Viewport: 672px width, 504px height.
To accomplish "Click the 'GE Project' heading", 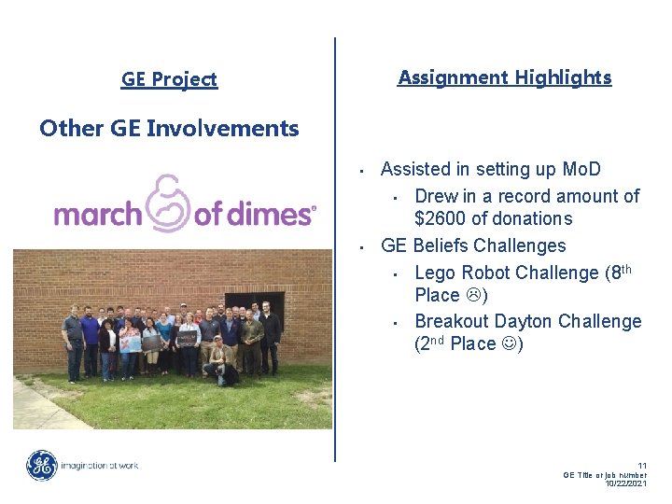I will pos(169,80).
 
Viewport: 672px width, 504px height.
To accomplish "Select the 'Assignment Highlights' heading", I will pos(504,78).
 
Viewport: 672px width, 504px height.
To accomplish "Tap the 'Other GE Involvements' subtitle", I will pos(169,129).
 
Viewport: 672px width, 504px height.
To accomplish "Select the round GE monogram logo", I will pos(41,465).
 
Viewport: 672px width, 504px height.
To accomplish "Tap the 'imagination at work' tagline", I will pos(99,465).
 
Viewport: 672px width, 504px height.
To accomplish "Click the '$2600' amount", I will pos(442,219).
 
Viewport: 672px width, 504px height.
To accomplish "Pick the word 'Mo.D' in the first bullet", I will pos(581,170).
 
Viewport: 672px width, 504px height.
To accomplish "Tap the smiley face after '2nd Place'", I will pos(512,344).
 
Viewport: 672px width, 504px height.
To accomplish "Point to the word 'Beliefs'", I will pos(440,246).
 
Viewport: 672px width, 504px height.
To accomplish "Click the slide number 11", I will pos(641,465).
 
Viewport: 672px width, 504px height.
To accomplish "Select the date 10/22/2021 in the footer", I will pos(625,483).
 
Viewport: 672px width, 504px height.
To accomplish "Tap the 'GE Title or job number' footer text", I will pos(605,474).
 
